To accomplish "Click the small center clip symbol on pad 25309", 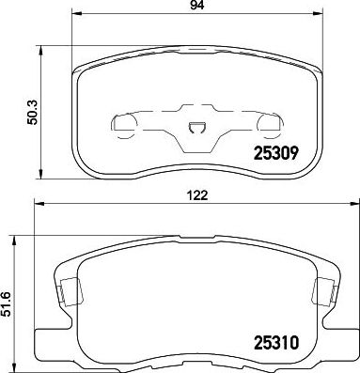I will click(x=196, y=129).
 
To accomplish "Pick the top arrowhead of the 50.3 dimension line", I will click(x=39, y=44).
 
